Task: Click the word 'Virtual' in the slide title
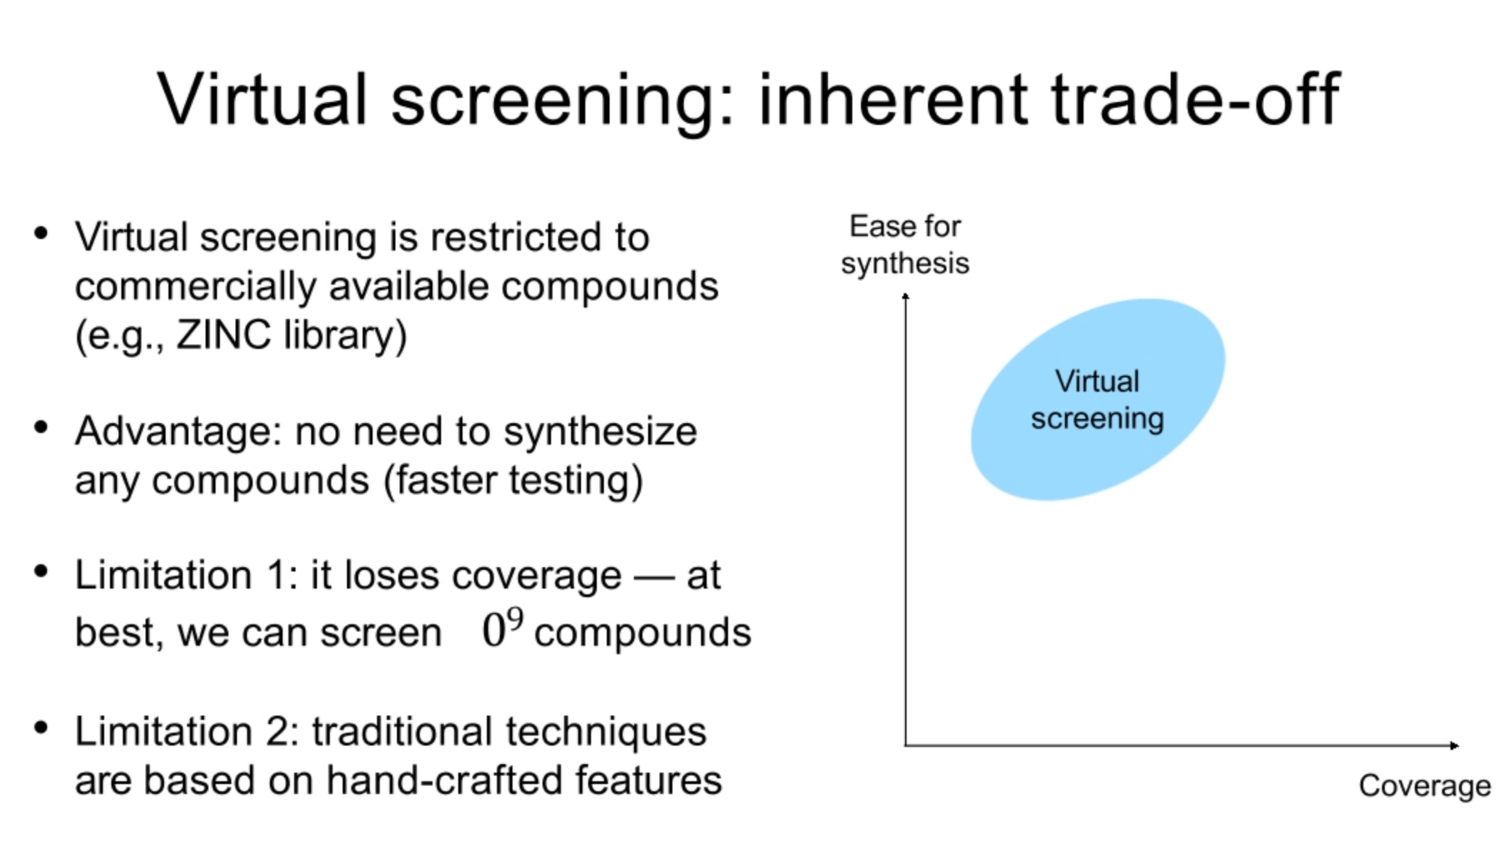[x=261, y=100]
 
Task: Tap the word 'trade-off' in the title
[x=1195, y=100]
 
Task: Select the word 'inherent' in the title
[x=892, y=100]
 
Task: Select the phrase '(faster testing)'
[x=513, y=480]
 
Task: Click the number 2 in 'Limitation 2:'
[x=276, y=732]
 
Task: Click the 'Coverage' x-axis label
[x=1424, y=786]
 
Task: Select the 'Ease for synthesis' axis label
[x=904, y=245]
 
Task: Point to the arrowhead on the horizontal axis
[x=1454, y=746]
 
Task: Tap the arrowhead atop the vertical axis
[x=906, y=296]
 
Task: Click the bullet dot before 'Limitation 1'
[x=41, y=571]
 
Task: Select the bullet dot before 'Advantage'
[x=41, y=427]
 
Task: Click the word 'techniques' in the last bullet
[x=606, y=732]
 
